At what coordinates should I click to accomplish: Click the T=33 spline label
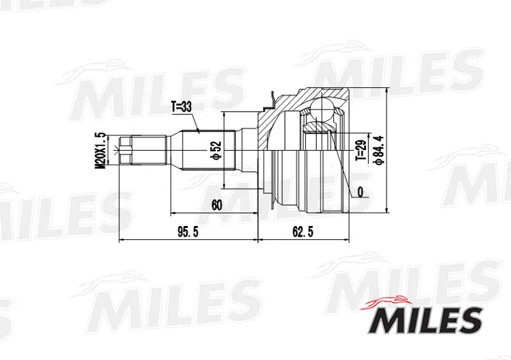click(181, 107)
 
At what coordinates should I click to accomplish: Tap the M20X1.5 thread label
click(100, 150)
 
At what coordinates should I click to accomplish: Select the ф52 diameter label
click(216, 150)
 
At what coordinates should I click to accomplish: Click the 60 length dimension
click(217, 206)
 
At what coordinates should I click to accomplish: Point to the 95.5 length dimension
click(188, 232)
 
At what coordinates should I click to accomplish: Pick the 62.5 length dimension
click(303, 232)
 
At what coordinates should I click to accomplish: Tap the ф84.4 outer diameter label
click(379, 150)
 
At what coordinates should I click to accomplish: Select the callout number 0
click(360, 192)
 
